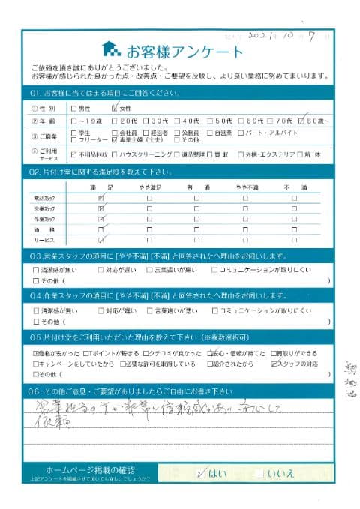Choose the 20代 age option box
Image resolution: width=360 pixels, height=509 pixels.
[x=115, y=120]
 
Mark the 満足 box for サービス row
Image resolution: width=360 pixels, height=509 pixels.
[x=101, y=240]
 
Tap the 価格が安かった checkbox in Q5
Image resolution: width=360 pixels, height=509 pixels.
[x=37, y=352]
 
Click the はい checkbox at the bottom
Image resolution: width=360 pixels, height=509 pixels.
[x=199, y=474]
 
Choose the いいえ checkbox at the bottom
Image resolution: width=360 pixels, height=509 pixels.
[x=259, y=474]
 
